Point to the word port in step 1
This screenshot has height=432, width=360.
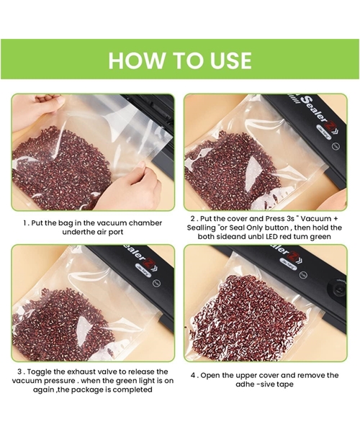[116, 232]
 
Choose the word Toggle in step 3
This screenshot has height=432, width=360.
[39, 372]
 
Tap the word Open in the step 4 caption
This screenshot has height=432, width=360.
[209, 376]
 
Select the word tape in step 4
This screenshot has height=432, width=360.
[285, 384]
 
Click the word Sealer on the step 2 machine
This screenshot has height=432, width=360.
[315, 109]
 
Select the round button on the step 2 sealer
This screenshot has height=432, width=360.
[336, 145]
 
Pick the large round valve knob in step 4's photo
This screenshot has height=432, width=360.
[338, 289]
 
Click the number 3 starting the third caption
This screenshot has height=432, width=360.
[19, 372]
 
